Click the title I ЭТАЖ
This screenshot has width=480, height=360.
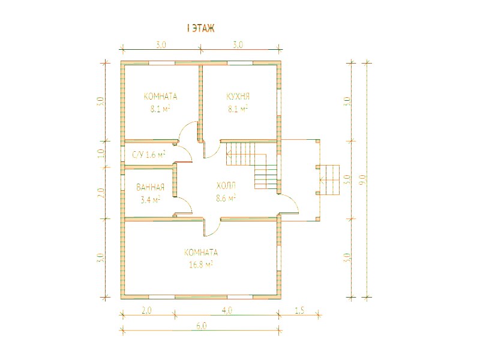click(200, 28)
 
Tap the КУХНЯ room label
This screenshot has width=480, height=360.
click(238, 97)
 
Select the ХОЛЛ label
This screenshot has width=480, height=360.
click(226, 186)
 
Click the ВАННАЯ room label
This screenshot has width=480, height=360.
click(151, 187)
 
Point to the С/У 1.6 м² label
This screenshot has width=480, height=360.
click(149, 155)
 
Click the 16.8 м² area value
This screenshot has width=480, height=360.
click(201, 265)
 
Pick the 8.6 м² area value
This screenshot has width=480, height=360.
click(226, 198)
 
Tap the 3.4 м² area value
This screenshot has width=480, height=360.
click(150, 200)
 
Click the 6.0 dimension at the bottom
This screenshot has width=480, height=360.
click(202, 326)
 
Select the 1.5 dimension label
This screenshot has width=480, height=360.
click(300, 310)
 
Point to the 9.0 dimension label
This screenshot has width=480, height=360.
click(364, 179)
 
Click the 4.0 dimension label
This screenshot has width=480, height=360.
click(227, 310)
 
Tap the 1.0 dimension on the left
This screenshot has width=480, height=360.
click(102, 153)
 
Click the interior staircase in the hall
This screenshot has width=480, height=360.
click(251, 166)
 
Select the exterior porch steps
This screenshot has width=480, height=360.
click(330, 180)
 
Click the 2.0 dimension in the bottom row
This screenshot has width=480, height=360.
click(146, 310)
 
